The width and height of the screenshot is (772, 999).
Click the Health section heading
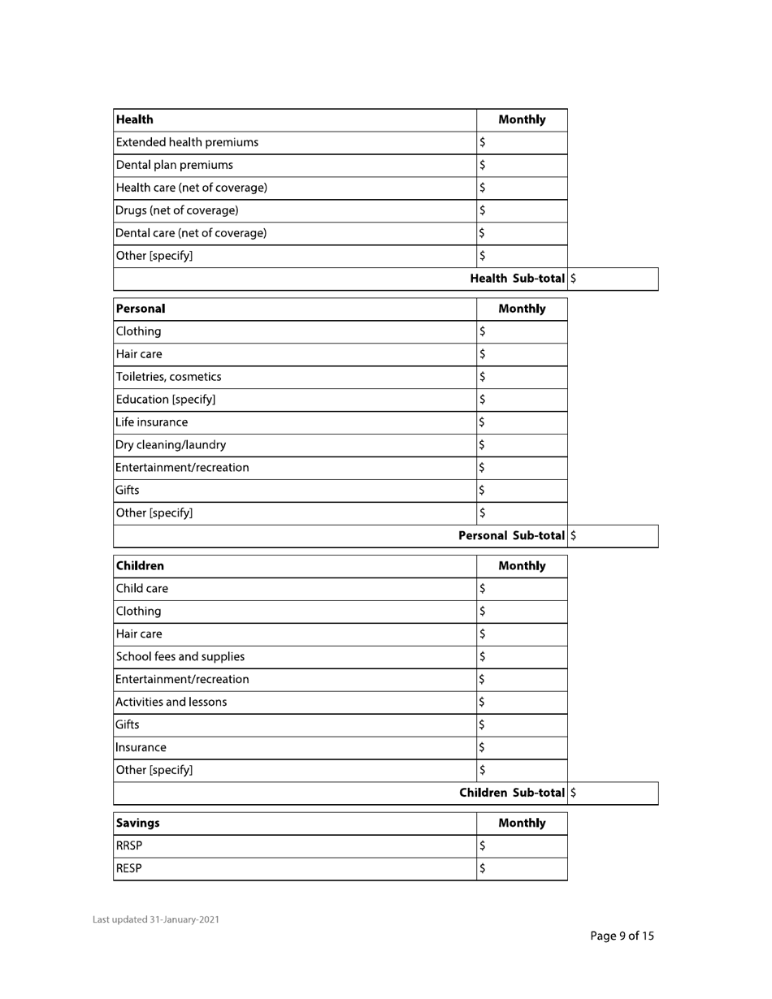pyautogui.click(x=135, y=120)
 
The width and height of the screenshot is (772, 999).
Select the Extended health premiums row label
pyautogui.click(x=188, y=143)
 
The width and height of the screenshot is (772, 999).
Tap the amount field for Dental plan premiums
pyautogui.click(x=522, y=166)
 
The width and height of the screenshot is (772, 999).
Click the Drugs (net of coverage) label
pyautogui.click(x=178, y=211)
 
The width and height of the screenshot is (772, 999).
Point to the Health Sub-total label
pyautogui.click(x=518, y=279)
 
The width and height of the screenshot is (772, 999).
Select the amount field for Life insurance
pyautogui.click(x=522, y=422)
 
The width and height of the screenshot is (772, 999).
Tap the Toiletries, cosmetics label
pyautogui.click(x=169, y=377)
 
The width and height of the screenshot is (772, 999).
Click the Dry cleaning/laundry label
pyautogui.click(x=171, y=445)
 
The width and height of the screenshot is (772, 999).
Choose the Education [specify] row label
pyautogui.click(x=167, y=400)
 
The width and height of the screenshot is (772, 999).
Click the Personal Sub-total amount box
pyautogui.click(x=614, y=536)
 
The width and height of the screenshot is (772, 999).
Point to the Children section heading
pyautogui.click(x=141, y=566)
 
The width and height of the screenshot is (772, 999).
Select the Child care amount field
pyautogui.click(x=522, y=589)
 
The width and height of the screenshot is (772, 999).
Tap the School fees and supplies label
pyautogui.click(x=180, y=657)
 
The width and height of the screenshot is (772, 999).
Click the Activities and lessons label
pyautogui.click(x=172, y=703)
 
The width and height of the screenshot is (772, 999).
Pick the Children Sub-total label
pyautogui.click(x=512, y=793)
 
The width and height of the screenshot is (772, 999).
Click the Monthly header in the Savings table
pyautogui.click(x=522, y=824)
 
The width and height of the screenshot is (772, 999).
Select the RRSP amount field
pyautogui.click(x=522, y=846)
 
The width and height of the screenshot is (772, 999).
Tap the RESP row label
pyautogui.click(x=129, y=869)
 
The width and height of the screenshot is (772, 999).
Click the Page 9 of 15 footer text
pyautogui.click(x=622, y=936)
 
